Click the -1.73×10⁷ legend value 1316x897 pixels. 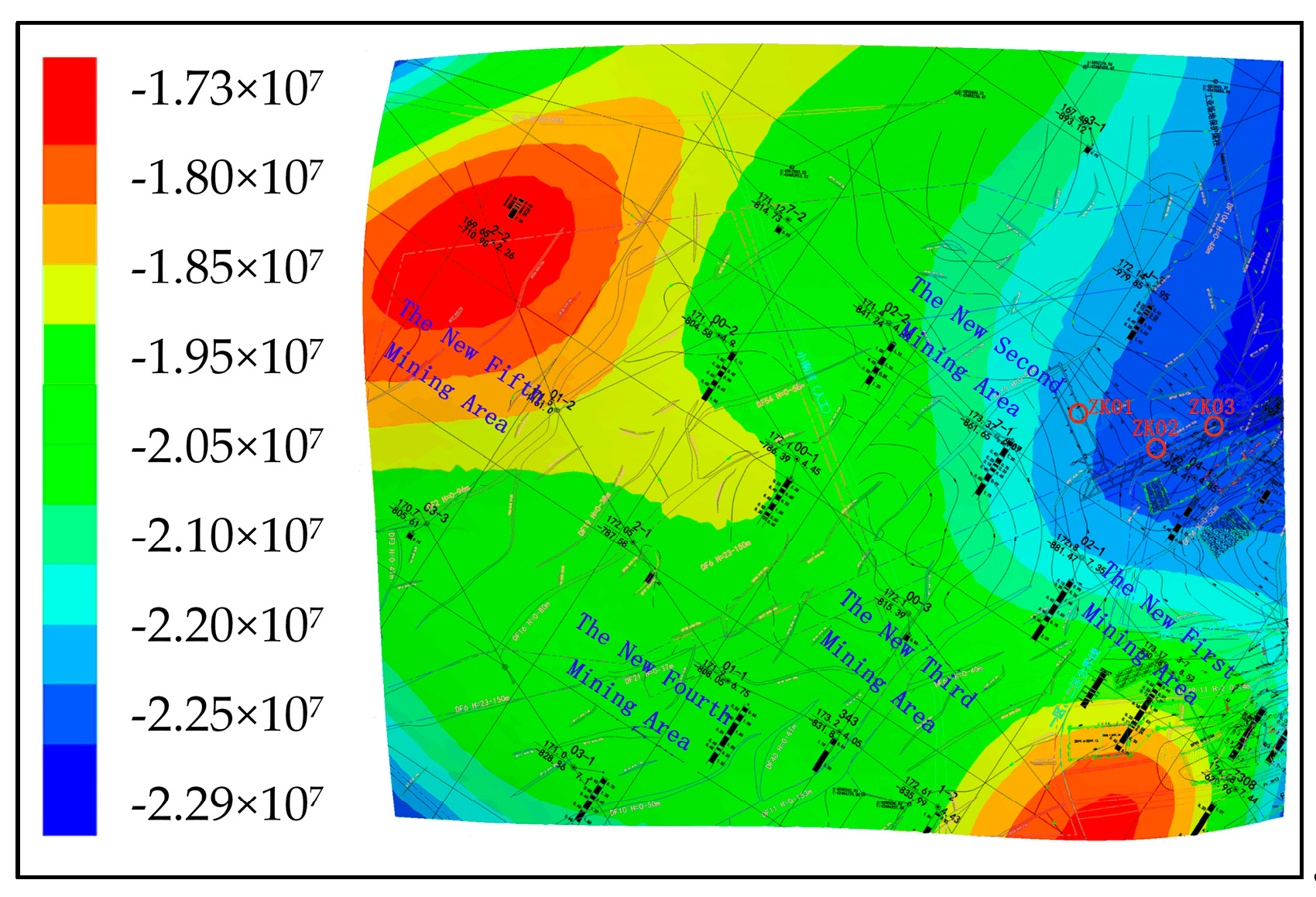pos(227,88)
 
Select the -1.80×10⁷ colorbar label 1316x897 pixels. pos(227,177)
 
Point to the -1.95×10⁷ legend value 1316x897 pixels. pos(227,357)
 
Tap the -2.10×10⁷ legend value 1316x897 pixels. pos(227,536)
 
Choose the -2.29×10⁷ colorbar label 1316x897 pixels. pos(227,804)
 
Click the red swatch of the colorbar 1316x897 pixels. pos(70,101)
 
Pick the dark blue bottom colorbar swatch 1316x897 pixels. pos(70,789)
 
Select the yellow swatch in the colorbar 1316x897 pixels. pos(70,294)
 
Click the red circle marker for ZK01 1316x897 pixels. pos(1078,413)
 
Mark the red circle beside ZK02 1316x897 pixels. pos(1156,447)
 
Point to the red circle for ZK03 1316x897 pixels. pos(1214,426)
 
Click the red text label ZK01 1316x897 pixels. pos(1112,407)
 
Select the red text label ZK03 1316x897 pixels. pos(1211,406)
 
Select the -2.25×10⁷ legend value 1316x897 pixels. pos(227,714)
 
